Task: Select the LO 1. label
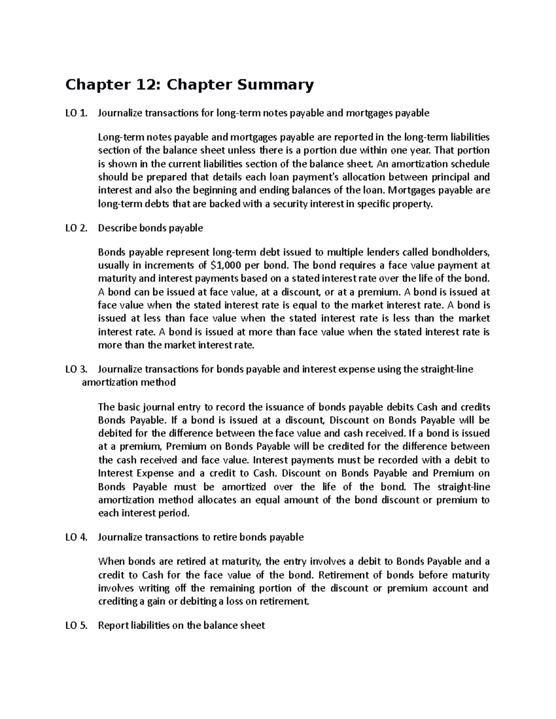[76, 113]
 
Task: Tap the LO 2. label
[76, 228]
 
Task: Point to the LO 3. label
[76, 369]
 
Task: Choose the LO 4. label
[76, 537]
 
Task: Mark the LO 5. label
[76, 625]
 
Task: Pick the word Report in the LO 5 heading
[114, 625]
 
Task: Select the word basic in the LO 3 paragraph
[129, 407]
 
